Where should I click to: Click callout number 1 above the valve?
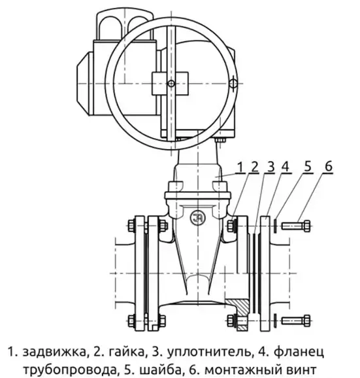click(240, 167)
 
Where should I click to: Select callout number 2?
click(255, 167)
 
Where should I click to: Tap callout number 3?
click(271, 167)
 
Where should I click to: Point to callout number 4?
click(285, 167)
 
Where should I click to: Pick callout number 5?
click(308, 167)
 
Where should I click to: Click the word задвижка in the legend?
click(54, 352)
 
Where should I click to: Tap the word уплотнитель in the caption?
click(208, 353)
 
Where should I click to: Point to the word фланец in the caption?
click(299, 352)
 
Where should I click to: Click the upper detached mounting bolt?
click(296, 226)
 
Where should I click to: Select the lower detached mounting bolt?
click(296, 320)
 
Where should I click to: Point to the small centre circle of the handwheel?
click(171, 84)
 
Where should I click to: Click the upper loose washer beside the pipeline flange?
click(275, 225)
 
